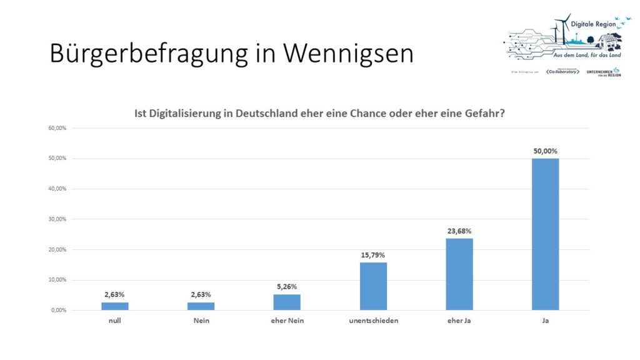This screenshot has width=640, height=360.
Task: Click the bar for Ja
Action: (545, 234)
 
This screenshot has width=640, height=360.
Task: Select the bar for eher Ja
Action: (459, 274)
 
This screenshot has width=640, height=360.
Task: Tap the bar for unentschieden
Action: (373, 286)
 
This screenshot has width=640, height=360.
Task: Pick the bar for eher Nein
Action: (287, 302)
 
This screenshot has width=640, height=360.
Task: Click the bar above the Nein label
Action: (201, 306)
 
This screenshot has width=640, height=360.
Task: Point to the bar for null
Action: (115, 306)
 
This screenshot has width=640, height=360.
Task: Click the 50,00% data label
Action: (545, 151)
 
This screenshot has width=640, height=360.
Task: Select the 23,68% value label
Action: (459, 231)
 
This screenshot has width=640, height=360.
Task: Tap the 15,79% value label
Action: (373, 254)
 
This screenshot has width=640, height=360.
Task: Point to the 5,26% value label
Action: (287, 286)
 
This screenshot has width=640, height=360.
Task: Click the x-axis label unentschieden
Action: (373, 321)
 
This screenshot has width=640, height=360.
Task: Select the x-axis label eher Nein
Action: (287, 321)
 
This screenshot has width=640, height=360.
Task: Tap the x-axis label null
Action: (115, 321)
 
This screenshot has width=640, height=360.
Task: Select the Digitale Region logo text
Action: (593, 23)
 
